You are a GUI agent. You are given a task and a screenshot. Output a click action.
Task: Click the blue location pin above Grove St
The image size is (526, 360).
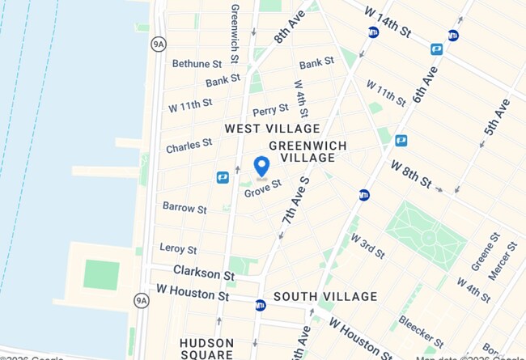click(261, 167)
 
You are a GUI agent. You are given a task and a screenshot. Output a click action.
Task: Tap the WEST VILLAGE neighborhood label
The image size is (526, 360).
click(272, 129)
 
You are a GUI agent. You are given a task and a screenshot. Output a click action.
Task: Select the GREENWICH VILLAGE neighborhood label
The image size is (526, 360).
click(308, 151)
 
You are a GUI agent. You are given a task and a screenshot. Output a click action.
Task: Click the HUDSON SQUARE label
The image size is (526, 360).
click(206, 349)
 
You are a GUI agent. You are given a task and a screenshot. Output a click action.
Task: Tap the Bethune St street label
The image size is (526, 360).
click(197, 63)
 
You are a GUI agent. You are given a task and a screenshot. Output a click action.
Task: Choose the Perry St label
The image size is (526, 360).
click(270, 109)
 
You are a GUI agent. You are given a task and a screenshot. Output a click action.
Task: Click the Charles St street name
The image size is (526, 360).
click(189, 146)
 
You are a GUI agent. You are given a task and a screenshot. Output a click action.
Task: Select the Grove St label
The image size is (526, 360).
click(263, 187)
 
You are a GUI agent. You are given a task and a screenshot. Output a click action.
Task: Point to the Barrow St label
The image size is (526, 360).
click(185, 208)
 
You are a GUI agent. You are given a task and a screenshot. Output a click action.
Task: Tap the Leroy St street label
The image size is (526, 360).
click(179, 249)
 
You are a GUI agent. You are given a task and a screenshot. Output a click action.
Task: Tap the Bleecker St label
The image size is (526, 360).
click(421, 331)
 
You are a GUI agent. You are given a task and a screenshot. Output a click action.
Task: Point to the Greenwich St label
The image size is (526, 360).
click(235, 33)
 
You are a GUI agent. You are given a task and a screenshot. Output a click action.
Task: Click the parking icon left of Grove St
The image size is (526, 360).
click(223, 177)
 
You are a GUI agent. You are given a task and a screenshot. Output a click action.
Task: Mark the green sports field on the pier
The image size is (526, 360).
click(101, 274)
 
